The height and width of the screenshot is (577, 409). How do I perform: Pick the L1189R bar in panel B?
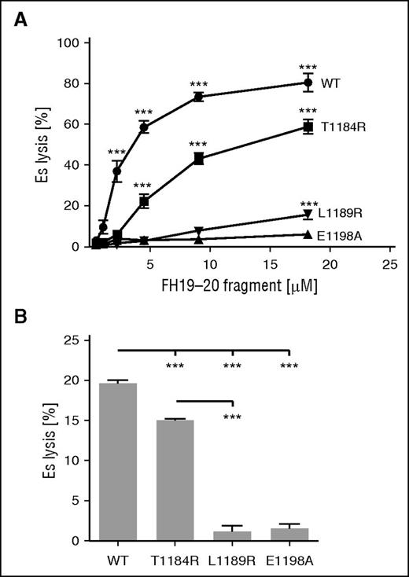point(233,535)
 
